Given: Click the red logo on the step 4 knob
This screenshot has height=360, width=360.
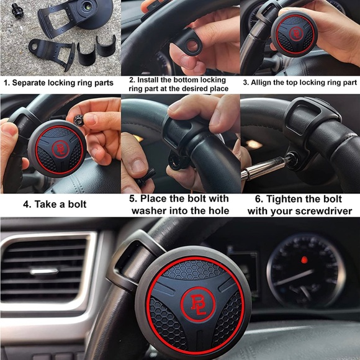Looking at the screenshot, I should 61,148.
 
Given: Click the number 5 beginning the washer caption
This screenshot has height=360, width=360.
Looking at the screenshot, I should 132,199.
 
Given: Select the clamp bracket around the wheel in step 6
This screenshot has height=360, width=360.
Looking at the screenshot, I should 310,124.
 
